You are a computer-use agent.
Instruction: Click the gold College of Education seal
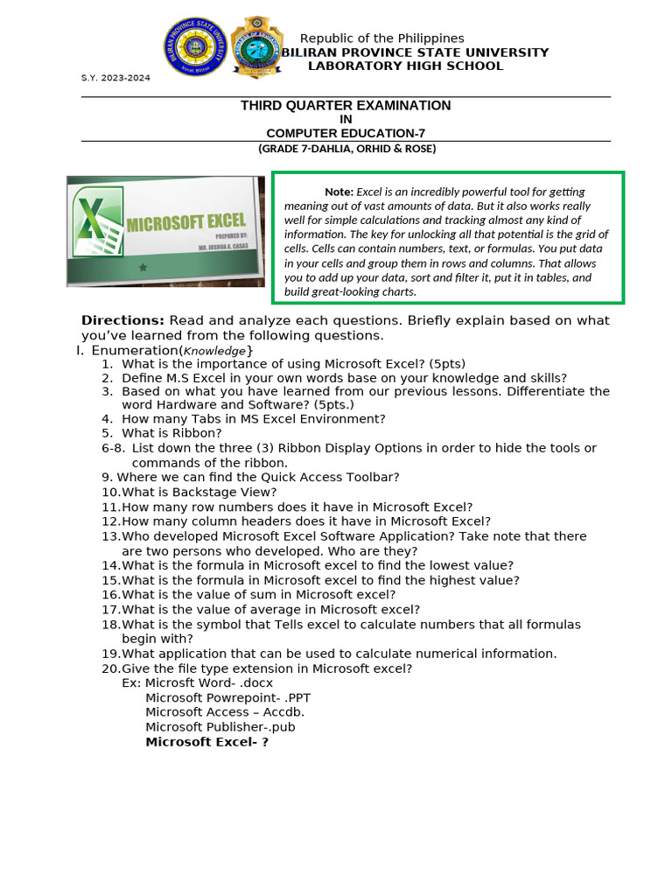[255, 46]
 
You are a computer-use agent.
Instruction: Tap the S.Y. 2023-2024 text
[115, 78]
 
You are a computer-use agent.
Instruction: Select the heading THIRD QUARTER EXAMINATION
[346, 106]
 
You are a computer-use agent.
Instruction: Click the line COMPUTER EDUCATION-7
[346, 133]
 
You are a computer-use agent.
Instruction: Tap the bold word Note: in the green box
[339, 192]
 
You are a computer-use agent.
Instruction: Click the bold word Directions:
[122, 320]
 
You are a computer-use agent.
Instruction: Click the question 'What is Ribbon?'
[171, 433]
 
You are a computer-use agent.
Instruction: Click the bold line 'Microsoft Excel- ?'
[206, 742]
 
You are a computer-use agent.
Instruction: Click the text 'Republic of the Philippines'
[381, 38]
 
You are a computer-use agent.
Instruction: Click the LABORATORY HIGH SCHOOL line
[405, 66]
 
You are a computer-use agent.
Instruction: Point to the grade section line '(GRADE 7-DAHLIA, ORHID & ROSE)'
[346, 149]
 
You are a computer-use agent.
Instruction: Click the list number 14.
[110, 565]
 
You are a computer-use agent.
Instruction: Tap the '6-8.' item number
[113, 448]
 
